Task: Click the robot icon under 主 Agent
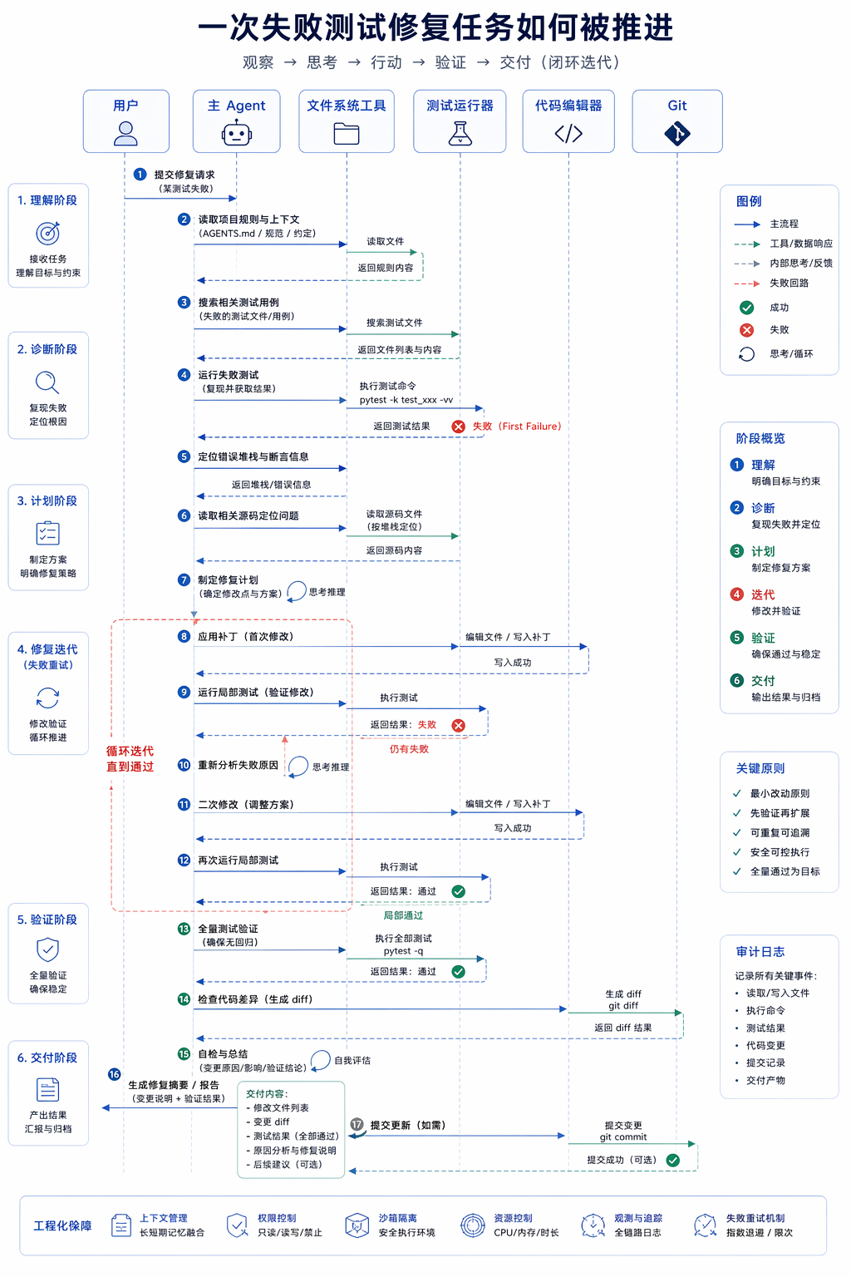(237, 134)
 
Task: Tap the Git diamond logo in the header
(677, 134)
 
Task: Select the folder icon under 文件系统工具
(347, 134)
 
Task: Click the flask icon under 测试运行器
(460, 134)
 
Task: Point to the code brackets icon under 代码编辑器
(568, 134)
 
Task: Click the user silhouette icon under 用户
(125, 134)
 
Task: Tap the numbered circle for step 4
(184, 375)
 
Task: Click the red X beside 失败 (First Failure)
(458, 426)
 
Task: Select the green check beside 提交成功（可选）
(673, 1160)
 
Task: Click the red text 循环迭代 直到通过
(130, 759)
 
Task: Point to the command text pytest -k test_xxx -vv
(406, 400)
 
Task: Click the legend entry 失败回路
(789, 283)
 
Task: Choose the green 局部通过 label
(403, 915)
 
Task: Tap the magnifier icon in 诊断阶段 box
(47, 382)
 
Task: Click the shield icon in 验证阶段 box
(48, 950)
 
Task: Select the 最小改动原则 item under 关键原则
(780, 794)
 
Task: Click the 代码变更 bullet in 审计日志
(765, 1046)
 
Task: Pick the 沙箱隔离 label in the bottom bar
(398, 1218)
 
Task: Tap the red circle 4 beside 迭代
(736, 594)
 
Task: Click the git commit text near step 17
(623, 1136)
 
